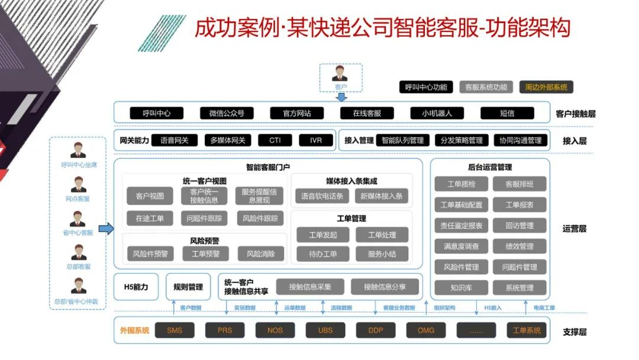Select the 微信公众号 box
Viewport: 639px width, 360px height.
coord(227,113)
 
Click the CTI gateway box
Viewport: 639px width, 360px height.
coord(275,140)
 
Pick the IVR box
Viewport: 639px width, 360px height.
coord(315,140)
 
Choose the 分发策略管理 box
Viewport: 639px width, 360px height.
coord(462,140)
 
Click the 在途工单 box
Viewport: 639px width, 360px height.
coord(146,218)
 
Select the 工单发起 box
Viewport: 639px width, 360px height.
coord(323,235)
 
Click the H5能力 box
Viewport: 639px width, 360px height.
coord(135,287)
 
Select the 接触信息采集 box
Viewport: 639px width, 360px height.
coord(310,287)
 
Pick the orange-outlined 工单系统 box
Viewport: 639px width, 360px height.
coord(527,330)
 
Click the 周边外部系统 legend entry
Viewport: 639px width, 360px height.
coord(546,87)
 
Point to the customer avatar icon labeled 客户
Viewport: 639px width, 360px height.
coord(340,73)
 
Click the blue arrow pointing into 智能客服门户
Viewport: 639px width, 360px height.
coord(106,229)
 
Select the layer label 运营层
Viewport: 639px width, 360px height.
coord(574,229)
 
